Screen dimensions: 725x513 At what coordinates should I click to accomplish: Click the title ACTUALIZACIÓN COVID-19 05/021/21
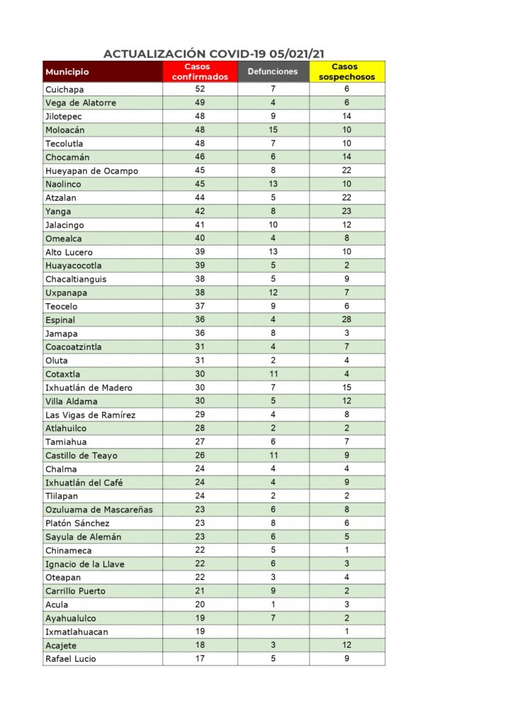[214, 54]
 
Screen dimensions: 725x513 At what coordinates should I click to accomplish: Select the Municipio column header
[67, 72]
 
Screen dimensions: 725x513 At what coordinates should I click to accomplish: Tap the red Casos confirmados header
[201, 72]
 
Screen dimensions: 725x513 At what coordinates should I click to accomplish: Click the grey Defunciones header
[273, 72]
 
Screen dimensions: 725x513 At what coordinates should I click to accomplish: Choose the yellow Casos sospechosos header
[347, 72]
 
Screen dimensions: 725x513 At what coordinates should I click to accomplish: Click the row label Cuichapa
[64, 89]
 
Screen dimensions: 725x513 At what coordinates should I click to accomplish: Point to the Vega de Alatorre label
[81, 103]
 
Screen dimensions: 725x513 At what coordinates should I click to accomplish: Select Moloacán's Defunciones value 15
[273, 130]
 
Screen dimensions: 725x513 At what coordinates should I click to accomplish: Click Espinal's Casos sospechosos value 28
[347, 320]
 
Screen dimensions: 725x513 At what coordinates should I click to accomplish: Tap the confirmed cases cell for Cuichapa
[201, 89]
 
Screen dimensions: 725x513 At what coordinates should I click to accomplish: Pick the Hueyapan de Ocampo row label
[91, 171]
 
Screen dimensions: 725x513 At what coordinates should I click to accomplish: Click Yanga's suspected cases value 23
[347, 211]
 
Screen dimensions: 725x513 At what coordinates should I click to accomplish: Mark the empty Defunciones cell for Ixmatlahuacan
[273, 632]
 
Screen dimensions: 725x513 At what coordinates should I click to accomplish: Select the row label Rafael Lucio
[71, 658]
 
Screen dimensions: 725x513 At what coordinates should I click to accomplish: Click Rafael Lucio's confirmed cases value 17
[201, 658]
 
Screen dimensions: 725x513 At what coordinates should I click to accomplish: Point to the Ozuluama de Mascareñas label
[98, 510]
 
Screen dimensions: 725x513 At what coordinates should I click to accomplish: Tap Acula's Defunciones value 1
[273, 605]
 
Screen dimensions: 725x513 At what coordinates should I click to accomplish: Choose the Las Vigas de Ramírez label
[90, 415]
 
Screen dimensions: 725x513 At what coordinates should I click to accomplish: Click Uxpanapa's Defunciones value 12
[273, 293]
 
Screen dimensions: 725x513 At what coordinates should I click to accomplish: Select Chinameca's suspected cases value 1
[347, 550]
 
